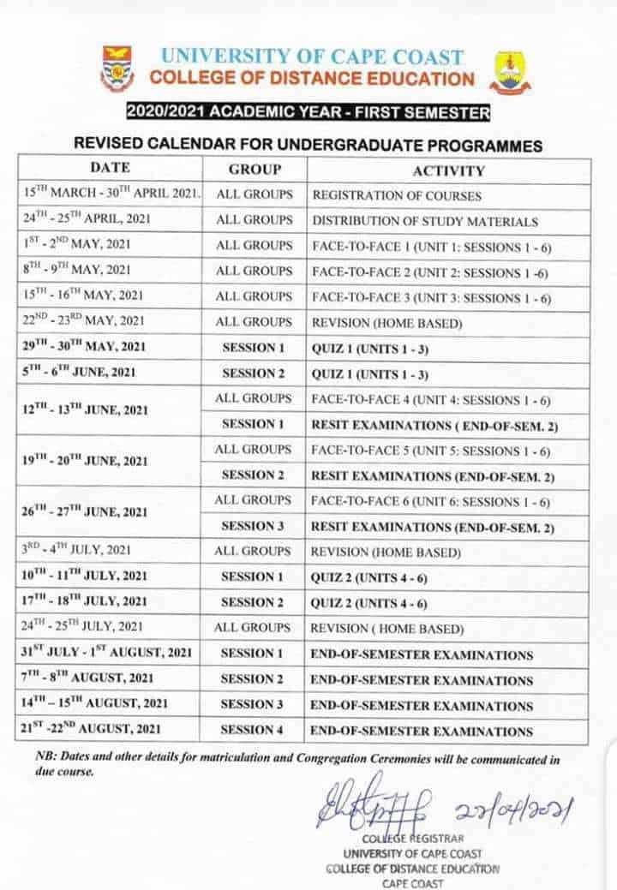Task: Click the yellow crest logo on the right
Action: [512, 72]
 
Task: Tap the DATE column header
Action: [110, 168]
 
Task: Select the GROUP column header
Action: [255, 169]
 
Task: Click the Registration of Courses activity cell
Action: [396, 195]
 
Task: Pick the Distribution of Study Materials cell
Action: [425, 221]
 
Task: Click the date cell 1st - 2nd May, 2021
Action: [76, 246]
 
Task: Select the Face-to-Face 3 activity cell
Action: [431, 297]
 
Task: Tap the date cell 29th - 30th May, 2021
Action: [84, 348]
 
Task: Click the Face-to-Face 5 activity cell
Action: [431, 450]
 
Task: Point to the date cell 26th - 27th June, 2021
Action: [84, 513]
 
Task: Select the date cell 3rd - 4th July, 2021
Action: [76, 551]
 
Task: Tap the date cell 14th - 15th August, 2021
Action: [94, 705]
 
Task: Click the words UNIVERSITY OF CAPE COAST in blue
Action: [312, 58]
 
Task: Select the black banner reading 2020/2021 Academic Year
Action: [308, 112]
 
